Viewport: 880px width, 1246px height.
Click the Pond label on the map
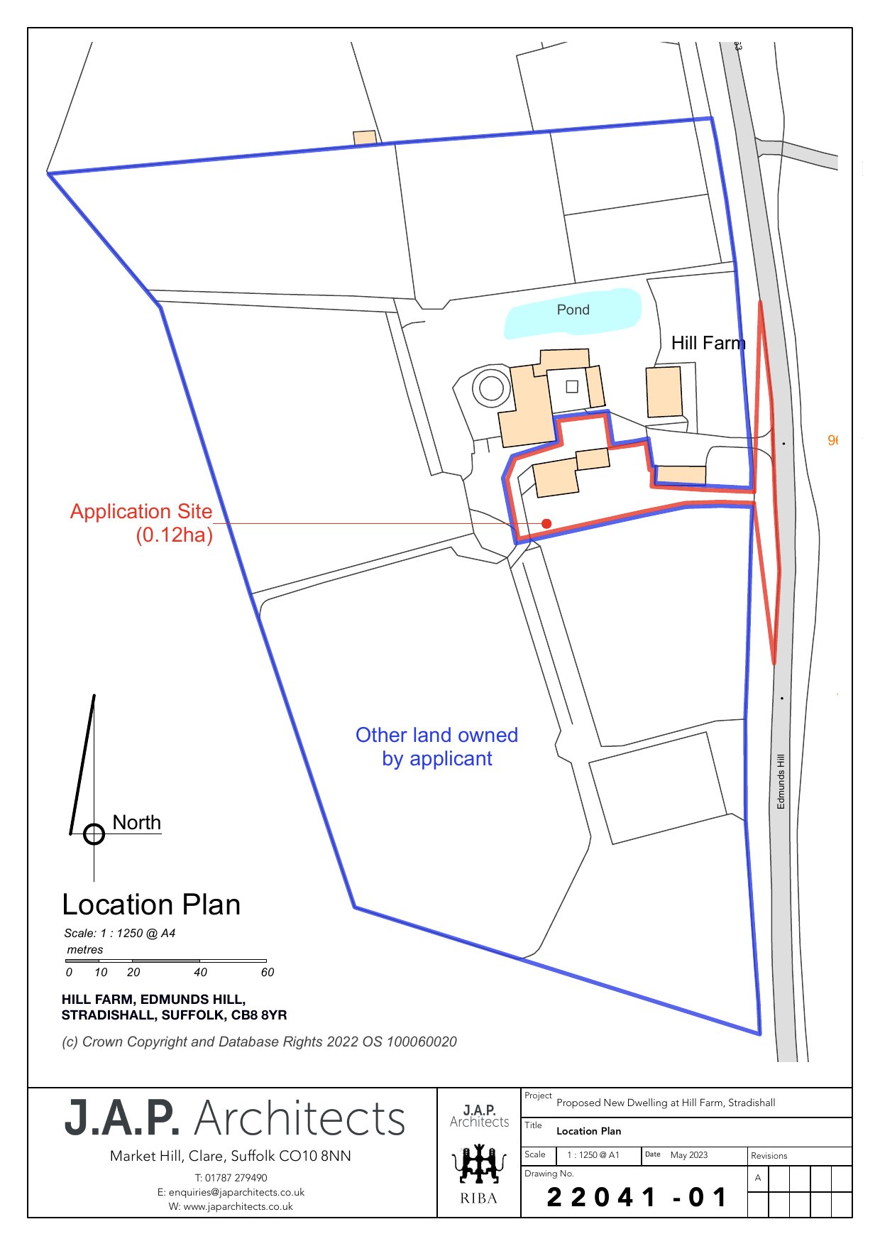pyautogui.click(x=573, y=310)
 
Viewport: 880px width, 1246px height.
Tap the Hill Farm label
pyautogui.click(x=708, y=344)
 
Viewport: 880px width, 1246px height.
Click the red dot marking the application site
pyautogui.click(x=546, y=524)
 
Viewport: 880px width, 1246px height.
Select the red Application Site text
pyautogui.click(x=141, y=512)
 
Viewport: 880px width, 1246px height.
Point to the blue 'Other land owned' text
pyautogui.click(x=436, y=736)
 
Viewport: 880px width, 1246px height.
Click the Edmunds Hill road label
pyautogui.click(x=781, y=781)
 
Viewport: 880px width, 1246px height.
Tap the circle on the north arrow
pyautogui.click(x=94, y=834)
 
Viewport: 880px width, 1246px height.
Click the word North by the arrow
pyautogui.click(x=137, y=822)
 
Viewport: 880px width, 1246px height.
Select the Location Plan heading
pyautogui.click(x=151, y=905)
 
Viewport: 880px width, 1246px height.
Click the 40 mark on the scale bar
pyautogui.click(x=200, y=972)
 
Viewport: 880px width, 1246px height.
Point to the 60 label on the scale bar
pyautogui.click(x=267, y=972)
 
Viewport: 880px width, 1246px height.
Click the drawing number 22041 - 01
pyautogui.click(x=637, y=1198)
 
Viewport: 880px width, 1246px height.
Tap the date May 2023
pyautogui.click(x=689, y=1155)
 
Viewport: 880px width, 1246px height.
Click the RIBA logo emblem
pyautogui.click(x=479, y=1165)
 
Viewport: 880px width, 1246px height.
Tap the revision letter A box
pyautogui.click(x=758, y=1178)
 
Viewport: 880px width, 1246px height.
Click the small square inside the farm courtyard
pyautogui.click(x=572, y=387)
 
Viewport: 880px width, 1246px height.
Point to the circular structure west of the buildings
pyautogui.click(x=491, y=388)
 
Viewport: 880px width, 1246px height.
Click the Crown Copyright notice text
pyautogui.click(x=260, y=1042)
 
